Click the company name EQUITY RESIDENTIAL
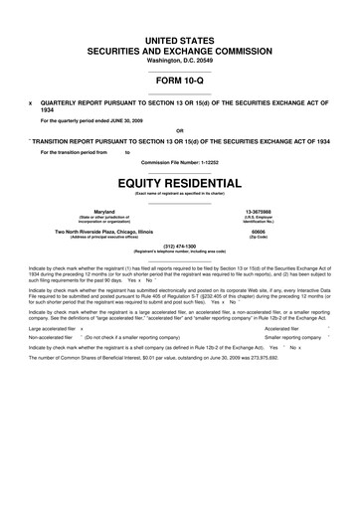[x=180, y=183]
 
